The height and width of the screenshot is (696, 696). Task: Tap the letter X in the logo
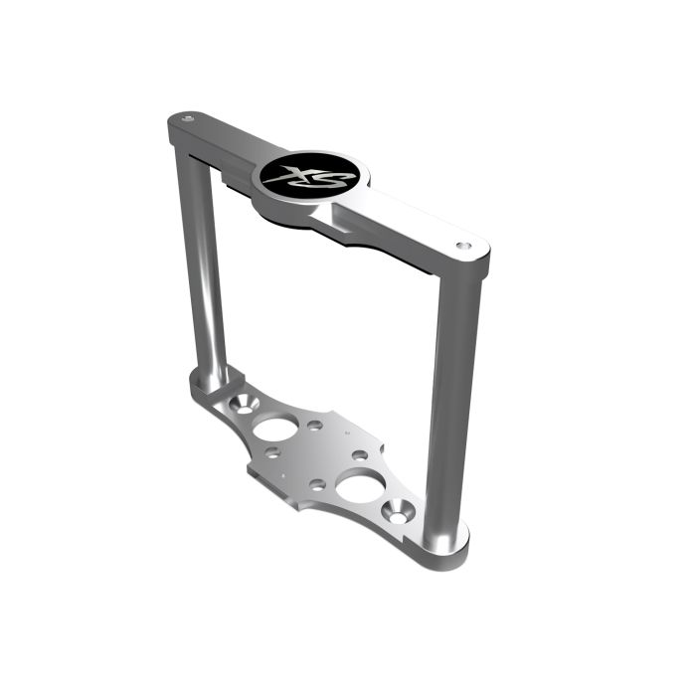tap(295, 175)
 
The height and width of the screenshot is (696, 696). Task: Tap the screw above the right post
tap(460, 243)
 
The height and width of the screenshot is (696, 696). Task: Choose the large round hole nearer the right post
tap(357, 487)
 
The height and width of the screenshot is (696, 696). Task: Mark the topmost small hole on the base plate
tap(315, 425)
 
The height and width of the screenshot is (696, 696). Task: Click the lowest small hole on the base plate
tap(315, 484)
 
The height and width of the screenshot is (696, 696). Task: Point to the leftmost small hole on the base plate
tap(271, 455)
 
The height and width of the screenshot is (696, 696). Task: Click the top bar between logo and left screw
tap(224, 137)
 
